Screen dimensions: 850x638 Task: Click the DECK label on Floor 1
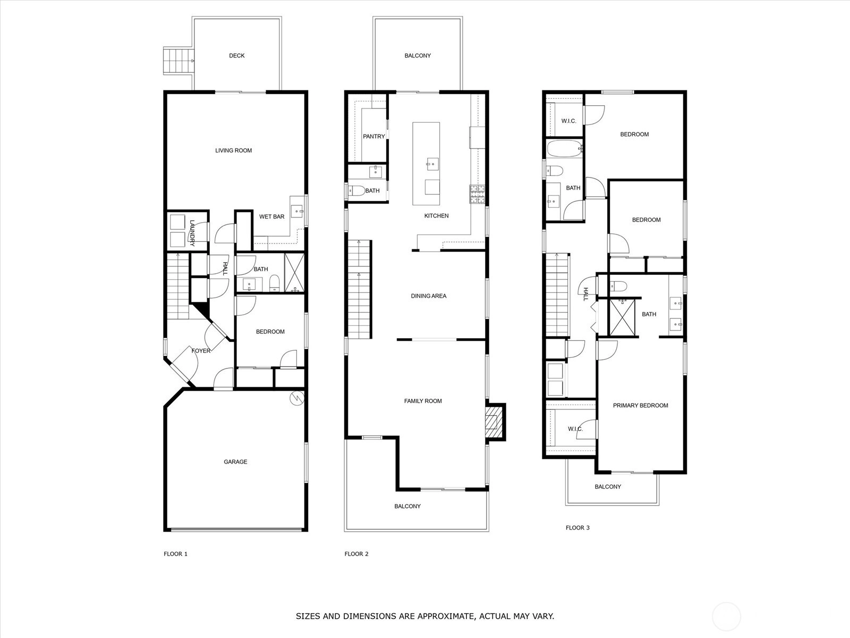coord(236,56)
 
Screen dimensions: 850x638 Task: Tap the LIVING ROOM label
coord(234,150)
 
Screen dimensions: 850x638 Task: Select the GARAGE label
coord(235,461)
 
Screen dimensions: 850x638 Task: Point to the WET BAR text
coord(272,216)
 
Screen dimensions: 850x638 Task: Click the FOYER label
coord(201,351)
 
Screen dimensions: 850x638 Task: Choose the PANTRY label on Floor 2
coord(373,136)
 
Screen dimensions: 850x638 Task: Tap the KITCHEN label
coord(437,216)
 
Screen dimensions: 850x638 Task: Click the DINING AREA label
coord(429,296)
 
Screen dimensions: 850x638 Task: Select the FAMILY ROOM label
coord(423,401)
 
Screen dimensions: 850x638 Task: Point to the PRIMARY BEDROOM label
coord(641,406)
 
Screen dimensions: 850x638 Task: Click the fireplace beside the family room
coord(495,422)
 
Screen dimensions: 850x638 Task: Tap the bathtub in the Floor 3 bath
coord(565,148)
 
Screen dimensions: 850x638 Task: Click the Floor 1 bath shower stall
coord(294,273)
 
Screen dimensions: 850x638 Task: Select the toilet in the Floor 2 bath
coord(356,190)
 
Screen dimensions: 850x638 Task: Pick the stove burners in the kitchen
coord(478,194)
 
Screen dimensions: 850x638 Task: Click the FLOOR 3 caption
coord(577,527)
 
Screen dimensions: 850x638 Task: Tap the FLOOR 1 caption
coord(175,554)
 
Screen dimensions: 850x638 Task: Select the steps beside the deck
coord(178,61)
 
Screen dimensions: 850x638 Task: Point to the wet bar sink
coord(297,211)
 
